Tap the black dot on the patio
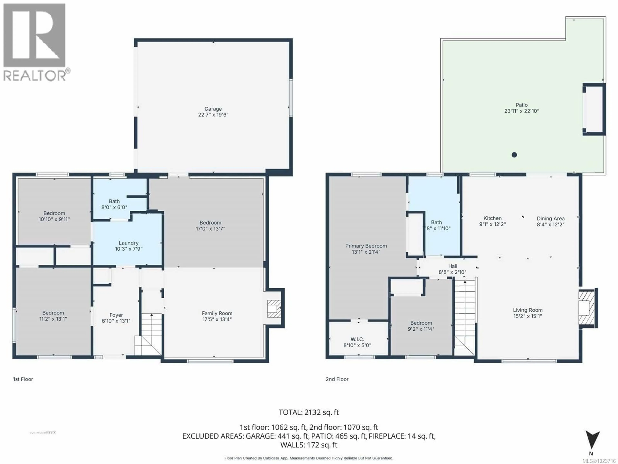514,155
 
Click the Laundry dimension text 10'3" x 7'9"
129,249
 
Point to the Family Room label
217,313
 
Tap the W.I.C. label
357,339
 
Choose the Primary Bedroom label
366,246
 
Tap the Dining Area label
550,218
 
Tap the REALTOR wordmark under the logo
35,76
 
